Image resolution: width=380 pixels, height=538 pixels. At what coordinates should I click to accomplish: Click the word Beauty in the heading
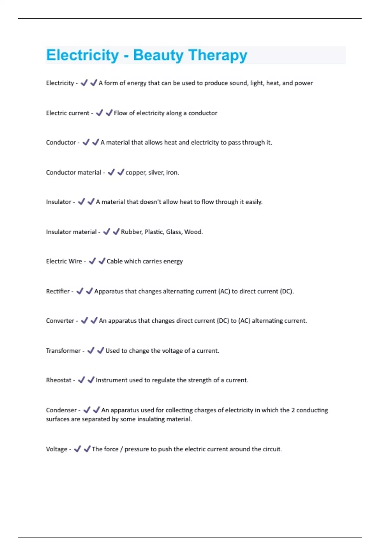158,55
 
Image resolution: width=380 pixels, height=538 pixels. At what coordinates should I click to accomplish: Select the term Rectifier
58,291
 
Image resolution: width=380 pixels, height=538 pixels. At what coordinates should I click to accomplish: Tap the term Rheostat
59,380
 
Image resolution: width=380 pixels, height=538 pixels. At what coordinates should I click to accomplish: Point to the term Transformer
63,351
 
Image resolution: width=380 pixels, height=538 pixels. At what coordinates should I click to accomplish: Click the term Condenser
61,410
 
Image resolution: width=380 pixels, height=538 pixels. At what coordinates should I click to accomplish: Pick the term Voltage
57,449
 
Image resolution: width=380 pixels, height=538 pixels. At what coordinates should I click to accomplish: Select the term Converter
60,321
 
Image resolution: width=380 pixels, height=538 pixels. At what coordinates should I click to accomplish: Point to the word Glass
174,232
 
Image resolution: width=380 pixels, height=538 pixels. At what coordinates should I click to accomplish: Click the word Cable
115,261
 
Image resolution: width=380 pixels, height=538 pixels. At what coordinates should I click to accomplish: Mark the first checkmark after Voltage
77,449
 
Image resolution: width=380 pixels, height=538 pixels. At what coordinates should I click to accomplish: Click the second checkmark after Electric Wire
102,261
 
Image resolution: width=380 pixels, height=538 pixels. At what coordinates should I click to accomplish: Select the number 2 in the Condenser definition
293,410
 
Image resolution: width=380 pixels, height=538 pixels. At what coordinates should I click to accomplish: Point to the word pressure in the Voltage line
136,449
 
